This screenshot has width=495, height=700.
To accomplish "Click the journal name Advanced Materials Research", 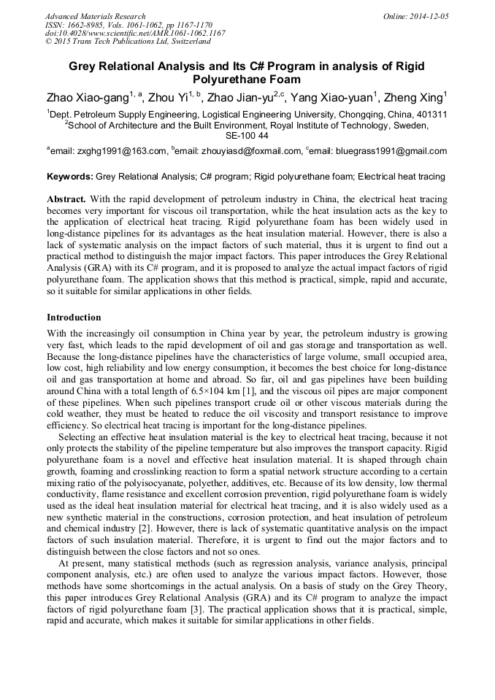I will tap(95, 16).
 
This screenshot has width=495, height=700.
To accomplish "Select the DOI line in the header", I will tap(134, 33).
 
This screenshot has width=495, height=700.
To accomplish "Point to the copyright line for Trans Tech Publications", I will tap(128, 42).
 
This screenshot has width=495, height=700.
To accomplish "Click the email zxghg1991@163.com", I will tap(123, 151).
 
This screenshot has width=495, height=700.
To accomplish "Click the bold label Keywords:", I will tap(69, 177).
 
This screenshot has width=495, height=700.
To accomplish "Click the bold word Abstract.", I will tap(66, 199).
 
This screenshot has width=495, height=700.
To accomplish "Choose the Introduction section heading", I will tap(74, 318).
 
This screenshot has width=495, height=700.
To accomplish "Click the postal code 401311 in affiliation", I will tap(431, 115).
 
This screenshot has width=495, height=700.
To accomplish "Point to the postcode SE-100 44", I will tap(247, 135).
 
